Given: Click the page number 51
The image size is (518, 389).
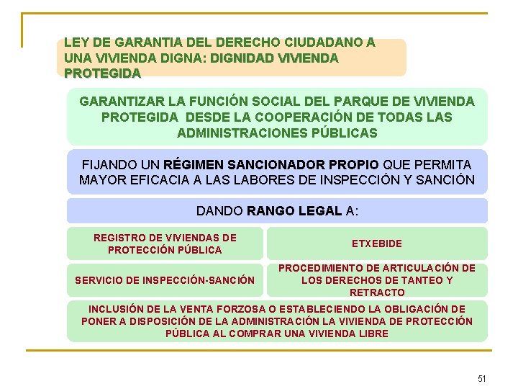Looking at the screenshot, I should (x=482, y=378).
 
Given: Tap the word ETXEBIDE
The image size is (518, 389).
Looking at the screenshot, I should (x=377, y=243).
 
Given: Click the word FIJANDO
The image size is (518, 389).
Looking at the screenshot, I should (x=106, y=164).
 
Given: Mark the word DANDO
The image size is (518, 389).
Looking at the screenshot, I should (x=219, y=211).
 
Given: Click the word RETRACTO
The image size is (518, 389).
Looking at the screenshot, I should (x=377, y=292).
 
